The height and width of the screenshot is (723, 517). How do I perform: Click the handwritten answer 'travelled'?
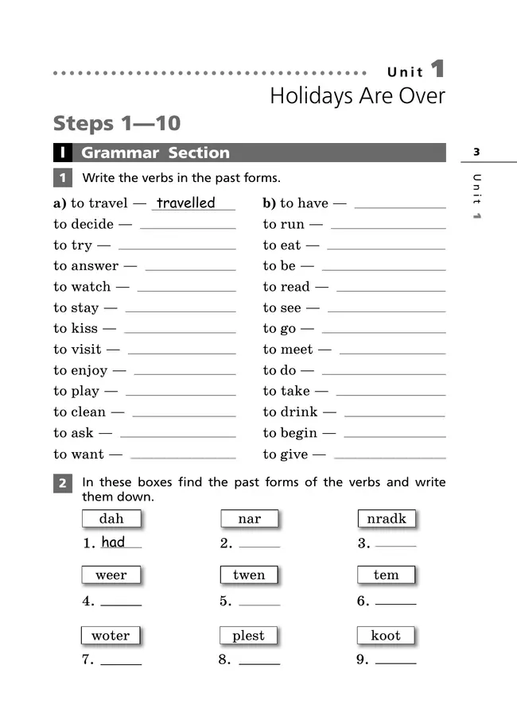coord(185,203)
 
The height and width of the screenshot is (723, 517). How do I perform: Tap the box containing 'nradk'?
coord(387,519)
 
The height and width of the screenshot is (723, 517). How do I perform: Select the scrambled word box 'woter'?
coord(111,636)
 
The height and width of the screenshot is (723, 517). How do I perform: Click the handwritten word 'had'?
coord(113,542)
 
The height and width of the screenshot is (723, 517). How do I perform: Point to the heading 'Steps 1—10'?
coord(117,124)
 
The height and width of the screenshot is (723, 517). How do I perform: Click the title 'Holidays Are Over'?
coord(357,96)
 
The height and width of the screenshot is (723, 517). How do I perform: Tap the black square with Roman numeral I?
coord(63,153)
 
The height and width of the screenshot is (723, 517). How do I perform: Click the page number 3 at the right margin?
coord(476,152)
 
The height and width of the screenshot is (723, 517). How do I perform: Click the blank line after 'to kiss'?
coord(180,331)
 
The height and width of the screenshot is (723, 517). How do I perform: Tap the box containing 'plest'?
coord(249,636)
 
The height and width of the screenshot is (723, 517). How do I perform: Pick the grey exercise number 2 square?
coord(63,483)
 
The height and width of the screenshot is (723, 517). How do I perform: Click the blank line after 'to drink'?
coord(395,415)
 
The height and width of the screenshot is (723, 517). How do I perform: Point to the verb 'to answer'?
coord(86,266)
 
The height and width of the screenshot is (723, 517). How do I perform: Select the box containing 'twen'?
coord(249,575)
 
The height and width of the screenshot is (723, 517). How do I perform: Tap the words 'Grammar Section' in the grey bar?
coord(156,153)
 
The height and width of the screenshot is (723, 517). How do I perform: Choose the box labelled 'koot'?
coord(386,636)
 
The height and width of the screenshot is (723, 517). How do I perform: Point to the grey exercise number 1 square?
coord(63,178)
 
